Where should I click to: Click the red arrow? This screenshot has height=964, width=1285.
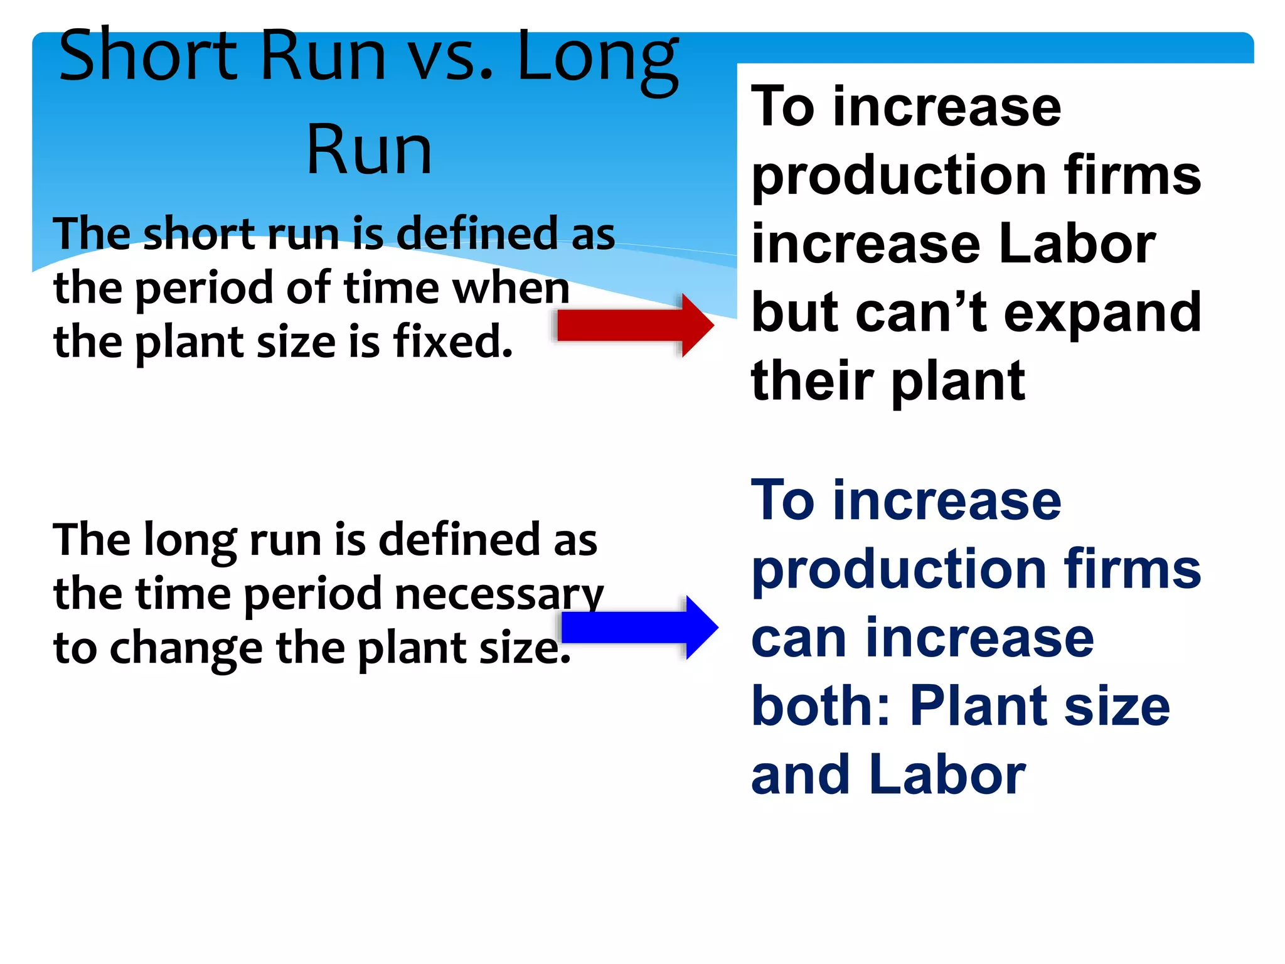[x=634, y=325]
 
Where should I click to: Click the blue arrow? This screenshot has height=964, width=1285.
[x=639, y=627]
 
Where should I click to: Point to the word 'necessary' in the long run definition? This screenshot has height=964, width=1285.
[x=499, y=594]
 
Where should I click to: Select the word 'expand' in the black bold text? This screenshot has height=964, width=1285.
[x=1102, y=313]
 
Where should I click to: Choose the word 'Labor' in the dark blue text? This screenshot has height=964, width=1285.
[x=947, y=774]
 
